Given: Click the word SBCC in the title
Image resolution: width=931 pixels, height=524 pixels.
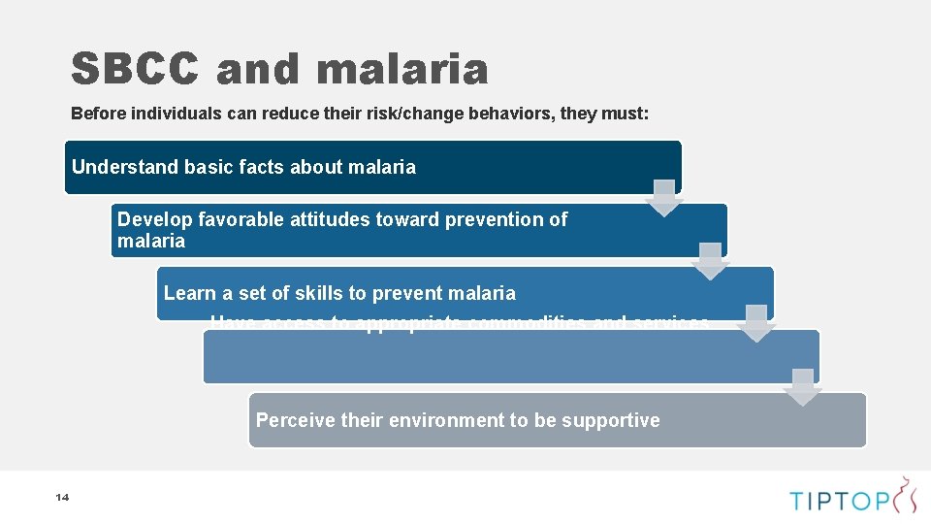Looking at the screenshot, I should pyautogui.click(x=134, y=70).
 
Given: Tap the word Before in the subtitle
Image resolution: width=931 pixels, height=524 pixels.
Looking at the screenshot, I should pyautogui.click(x=100, y=114).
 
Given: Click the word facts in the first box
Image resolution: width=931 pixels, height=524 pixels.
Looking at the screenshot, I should pyautogui.click(x=257, y=167).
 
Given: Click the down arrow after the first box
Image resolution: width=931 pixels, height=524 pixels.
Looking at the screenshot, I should pyautogui.click(x=664, y=198).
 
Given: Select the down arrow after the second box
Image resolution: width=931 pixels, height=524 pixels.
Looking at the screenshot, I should pyautogui.click(x=711, y=261).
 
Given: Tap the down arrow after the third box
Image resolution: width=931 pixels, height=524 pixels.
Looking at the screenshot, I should pyautogui.click(x=756, y=324).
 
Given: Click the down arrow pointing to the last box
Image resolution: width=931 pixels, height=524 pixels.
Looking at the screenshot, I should pyautogui.click(x=802, y=387).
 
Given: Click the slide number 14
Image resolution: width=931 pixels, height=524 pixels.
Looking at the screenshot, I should pyautogui.click(x=62, y=498).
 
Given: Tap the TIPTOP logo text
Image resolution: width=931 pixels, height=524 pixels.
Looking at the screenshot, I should pyautogui.click(x=840, y=501).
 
